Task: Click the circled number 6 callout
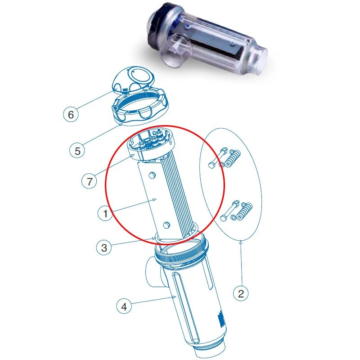tap(71, 114)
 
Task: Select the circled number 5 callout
tap(77, 151)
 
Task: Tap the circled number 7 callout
tap(89, 181)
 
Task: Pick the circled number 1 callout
tap(105, 213)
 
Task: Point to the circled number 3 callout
tap(104, 247)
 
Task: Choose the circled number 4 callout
tap(124, 306)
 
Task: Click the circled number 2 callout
tap(241, 293)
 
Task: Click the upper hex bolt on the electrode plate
tap(152, 175)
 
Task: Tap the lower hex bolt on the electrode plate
tap(166, 225)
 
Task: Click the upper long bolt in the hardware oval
tap(218, 158)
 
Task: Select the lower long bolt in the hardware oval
tap(229, 211)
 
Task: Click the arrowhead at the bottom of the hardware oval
tap(241, 242)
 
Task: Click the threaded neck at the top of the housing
tap(181, 252)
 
